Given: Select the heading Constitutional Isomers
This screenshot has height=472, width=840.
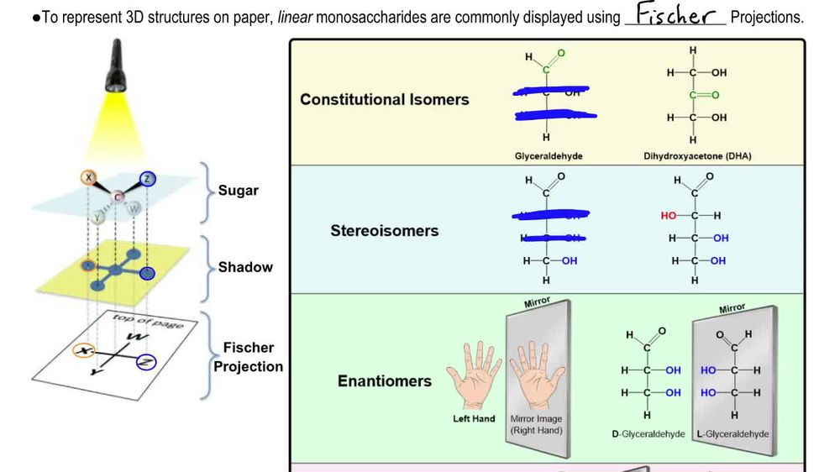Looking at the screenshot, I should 384,99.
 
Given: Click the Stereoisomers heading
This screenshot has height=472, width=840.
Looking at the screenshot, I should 384,230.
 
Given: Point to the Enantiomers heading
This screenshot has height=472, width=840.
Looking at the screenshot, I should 384,381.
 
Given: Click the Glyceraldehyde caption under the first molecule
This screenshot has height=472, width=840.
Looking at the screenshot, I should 549,156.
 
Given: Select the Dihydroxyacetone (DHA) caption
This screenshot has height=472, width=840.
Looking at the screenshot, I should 697,156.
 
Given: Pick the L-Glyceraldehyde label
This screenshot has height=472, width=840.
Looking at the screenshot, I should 733,434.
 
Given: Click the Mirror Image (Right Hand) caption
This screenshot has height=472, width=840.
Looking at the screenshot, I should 536,424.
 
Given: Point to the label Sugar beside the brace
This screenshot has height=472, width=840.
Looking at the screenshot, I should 239,191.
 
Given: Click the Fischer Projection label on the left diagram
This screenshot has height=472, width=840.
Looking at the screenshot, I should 248,357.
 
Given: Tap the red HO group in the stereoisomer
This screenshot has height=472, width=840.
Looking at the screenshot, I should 669,216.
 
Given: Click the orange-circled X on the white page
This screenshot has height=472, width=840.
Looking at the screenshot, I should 83,351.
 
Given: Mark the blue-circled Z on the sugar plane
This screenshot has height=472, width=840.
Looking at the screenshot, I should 148,178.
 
